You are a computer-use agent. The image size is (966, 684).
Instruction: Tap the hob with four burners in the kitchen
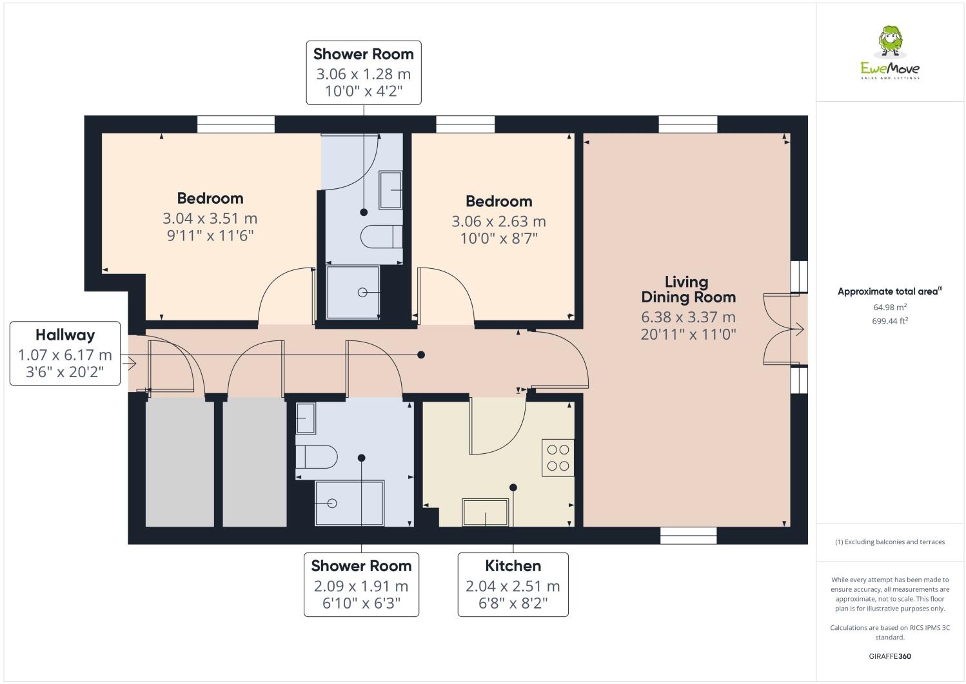(558, 458)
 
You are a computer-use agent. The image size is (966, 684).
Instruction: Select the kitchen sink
(486, 512)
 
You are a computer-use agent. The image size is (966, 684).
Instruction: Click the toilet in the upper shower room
(381, 237)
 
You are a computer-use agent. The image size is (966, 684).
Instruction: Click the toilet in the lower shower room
(316, 457)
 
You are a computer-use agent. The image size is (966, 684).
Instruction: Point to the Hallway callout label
(65, 353)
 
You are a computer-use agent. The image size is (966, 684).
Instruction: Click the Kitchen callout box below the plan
(513, 584)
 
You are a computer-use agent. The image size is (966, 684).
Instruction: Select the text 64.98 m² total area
(890, 308)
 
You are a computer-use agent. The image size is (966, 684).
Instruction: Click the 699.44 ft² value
(890, 321)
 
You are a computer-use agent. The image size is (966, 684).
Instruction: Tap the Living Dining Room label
(687, 289)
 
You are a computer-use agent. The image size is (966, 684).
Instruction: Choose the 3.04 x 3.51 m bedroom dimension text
(210, 219)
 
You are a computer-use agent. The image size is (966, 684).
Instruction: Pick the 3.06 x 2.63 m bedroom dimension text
(498, 221)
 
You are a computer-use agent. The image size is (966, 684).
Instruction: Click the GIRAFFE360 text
(890, 656)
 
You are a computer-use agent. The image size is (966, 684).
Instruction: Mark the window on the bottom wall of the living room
(688, 535)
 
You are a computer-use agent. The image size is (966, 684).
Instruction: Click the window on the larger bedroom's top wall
(235, 124)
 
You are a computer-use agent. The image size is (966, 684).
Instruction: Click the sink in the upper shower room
(390, 190)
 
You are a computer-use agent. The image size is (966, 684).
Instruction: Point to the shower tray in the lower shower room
(349, 503)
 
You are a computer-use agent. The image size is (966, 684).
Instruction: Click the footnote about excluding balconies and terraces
(890, 542)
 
